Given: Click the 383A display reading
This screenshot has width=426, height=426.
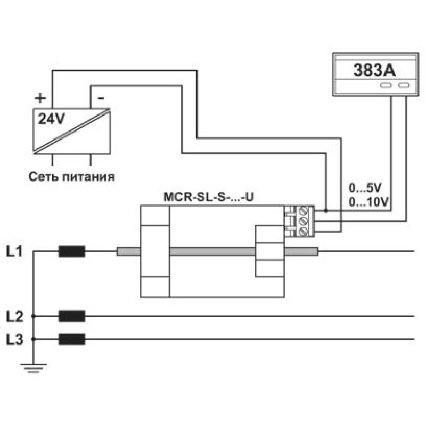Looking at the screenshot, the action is coord(374,70).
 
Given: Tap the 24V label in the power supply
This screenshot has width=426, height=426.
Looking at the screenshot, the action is coord(51,119).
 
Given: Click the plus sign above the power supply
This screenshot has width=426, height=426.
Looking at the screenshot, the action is coord(40,98).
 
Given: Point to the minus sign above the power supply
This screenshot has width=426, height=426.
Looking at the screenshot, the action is coord(101,98).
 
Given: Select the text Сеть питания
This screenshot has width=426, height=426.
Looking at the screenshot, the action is coord(72,177).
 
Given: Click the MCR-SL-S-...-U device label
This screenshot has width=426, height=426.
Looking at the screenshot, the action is coord(209,197).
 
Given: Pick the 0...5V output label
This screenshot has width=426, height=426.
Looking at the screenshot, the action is coord(365,188).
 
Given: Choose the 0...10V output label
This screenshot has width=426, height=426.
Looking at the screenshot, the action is coord(368,202).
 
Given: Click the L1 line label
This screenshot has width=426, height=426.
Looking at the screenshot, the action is coord(14,251).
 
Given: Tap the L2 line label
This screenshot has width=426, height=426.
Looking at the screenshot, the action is coord(15,316).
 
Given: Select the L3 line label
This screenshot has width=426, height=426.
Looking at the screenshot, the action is coord(15,339).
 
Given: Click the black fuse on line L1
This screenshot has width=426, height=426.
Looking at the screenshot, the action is coord(72,251).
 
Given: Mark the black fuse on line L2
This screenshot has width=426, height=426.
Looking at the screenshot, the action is coord(72,316).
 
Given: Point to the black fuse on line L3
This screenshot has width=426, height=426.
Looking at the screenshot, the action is coord(72,339).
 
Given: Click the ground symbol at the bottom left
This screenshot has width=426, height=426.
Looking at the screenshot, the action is coord(34,368).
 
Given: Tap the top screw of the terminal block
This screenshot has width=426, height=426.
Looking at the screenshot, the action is coord(303,210).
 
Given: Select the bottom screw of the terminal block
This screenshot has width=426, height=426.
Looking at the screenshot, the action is coord(303,232).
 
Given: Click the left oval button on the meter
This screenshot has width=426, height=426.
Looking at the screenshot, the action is coord(386,85).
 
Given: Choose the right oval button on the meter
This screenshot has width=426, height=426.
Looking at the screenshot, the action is coord(404,85).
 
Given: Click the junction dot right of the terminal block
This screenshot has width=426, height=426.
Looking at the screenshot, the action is coord(326,210).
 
